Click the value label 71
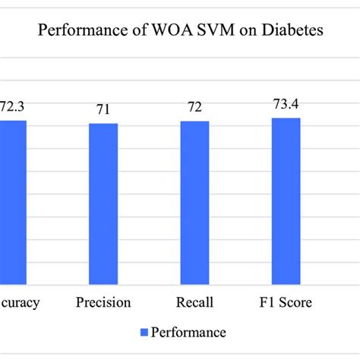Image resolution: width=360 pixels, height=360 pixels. (103, 111)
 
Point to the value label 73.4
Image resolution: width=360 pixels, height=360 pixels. (286, 103)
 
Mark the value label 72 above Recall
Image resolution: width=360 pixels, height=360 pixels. (194, 109)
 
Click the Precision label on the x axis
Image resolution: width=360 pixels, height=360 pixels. (103, 303)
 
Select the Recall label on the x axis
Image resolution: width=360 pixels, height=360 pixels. (194, 303)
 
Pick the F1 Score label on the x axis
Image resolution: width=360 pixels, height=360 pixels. (286, 303)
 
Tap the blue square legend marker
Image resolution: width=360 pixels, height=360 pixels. (144, 332)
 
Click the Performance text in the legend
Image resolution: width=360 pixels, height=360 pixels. (188, 332)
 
